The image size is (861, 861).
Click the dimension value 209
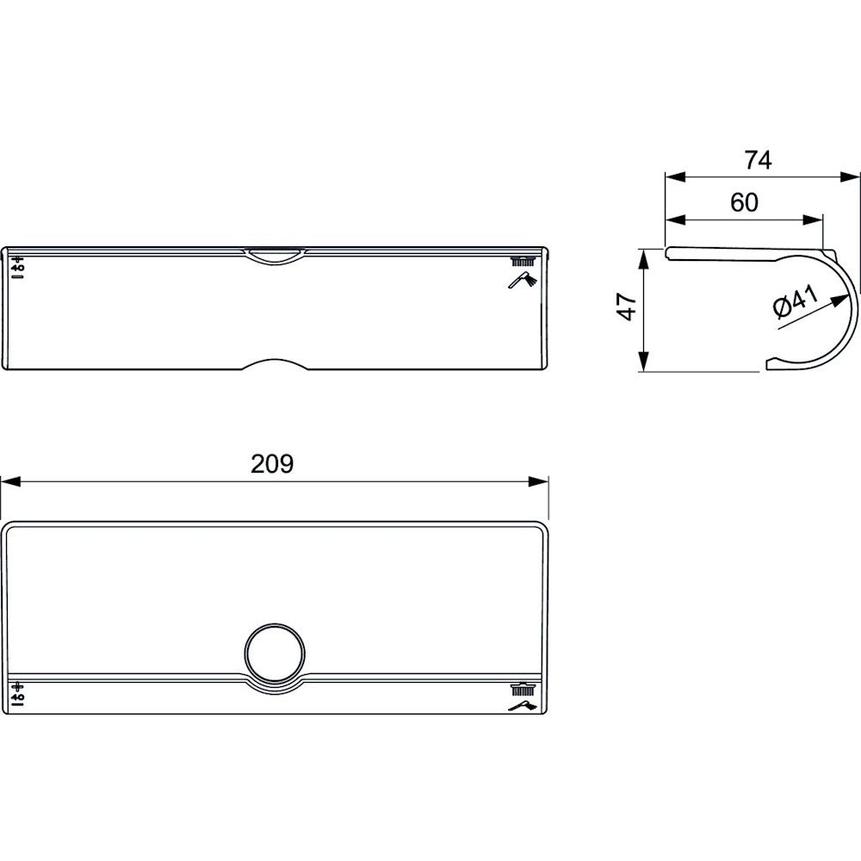click(272, 464)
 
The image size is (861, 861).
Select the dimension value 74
click(759, 160)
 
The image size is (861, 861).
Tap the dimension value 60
click(744, 202)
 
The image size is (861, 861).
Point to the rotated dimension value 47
click(627, 307)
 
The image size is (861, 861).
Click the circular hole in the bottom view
click(275, 652)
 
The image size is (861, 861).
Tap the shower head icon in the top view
click(523, 280)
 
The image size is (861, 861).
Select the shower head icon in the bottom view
click(523, 706)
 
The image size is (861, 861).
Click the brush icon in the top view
click(523, 262)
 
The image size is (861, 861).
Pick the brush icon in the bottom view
click(523, 689)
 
